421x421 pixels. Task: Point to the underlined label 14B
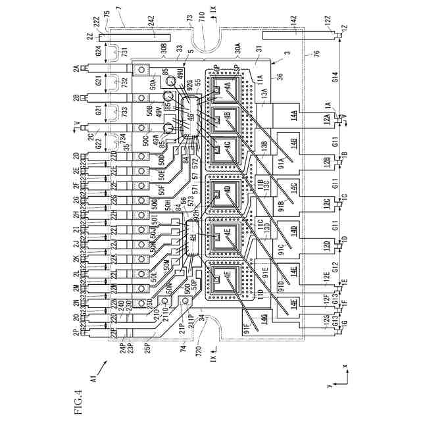293,143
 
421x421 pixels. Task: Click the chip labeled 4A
228,86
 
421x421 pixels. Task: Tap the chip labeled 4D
228,191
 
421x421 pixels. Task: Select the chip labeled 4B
228,115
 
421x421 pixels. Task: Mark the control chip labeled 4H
192,239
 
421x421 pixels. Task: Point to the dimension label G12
335,267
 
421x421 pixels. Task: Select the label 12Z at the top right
328,24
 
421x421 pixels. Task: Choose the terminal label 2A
77,68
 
